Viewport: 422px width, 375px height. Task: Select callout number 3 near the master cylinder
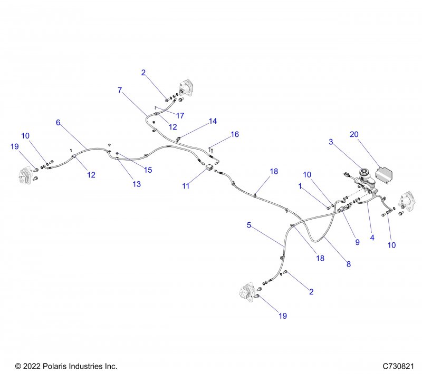click(331, 142)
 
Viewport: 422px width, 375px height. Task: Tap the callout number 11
click(185, 186)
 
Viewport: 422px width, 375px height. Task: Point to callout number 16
click(235, 135)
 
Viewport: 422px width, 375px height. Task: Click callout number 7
click(120, 90)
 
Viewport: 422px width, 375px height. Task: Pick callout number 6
click(58, 122)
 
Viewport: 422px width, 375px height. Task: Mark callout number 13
click(137, 184)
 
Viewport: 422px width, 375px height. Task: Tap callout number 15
click(148, 170)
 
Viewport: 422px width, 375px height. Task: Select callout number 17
click(180, 115)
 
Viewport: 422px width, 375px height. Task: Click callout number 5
click(249, 225)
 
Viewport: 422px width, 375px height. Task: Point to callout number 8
click(349, 264)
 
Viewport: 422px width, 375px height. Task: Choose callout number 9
click(357, 242)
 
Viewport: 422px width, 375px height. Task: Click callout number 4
click(372, 238)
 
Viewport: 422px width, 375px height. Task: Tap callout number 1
click(300, 186)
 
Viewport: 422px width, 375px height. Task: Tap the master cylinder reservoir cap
click(363, 172)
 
